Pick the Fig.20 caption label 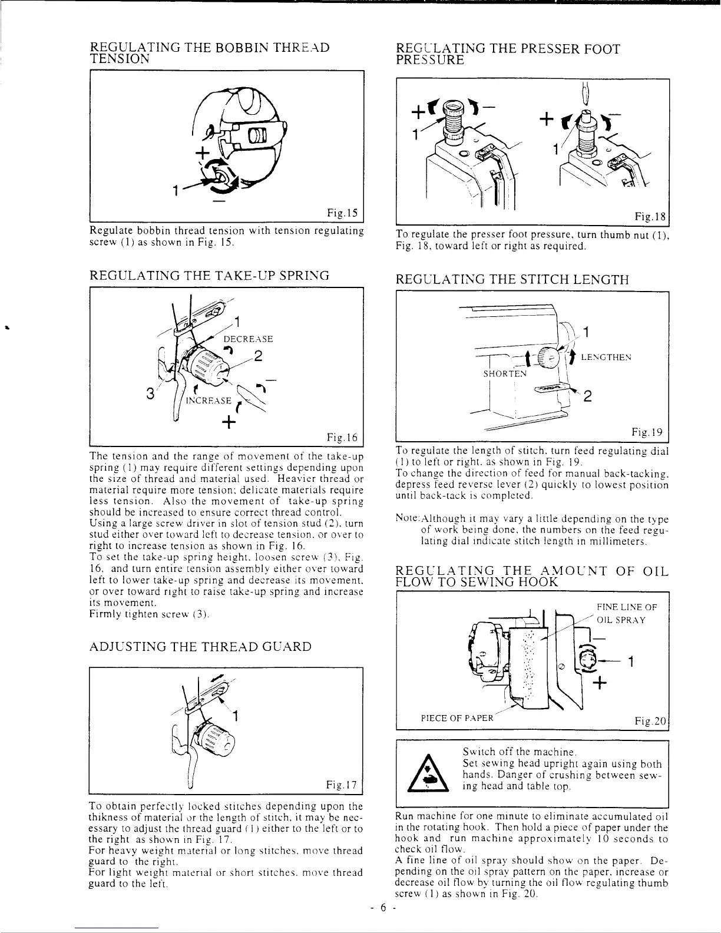[x=650, y=721]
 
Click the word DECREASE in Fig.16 [x=248, y=339]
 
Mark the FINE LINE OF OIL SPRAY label [x=626, y=614]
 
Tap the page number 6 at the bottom [x=381, y=908]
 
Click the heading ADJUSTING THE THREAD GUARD [x=200, y=647]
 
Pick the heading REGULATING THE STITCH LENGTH [x=512, y=279]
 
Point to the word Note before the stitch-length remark [x=407, y=520]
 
